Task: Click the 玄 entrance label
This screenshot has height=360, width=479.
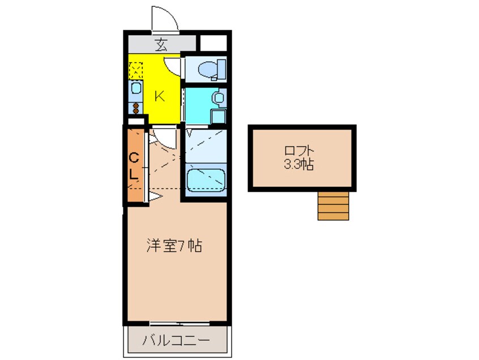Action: (161, 44)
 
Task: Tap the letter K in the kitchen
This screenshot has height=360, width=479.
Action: (160, 96)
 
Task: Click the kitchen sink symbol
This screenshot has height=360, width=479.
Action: (136, 88)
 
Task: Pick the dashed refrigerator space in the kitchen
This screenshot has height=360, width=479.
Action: (136, 70)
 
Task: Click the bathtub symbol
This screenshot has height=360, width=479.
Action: (206, 181)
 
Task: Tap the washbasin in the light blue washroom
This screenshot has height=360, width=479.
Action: (217, 98)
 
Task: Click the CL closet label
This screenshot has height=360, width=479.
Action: (134, 165)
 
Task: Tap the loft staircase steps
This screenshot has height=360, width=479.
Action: (333, 205)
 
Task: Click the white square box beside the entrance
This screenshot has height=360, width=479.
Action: (213, 43)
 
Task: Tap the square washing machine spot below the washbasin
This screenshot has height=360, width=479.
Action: (218, 115)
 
